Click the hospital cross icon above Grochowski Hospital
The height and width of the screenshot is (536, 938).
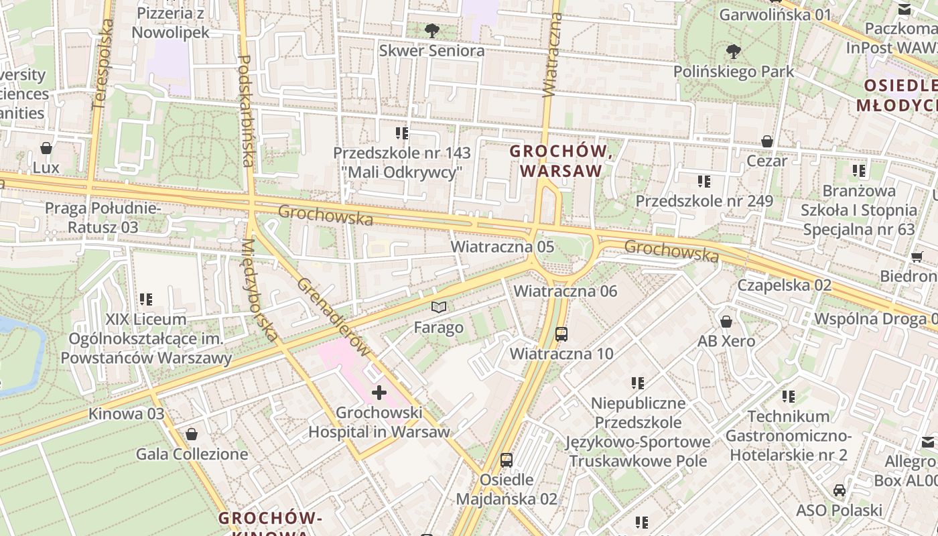pyautogui.click(x=379, y=393)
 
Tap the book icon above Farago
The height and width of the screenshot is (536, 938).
pyautogui.click(x=439, y=308)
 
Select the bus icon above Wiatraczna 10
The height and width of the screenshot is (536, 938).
pyautogui.click(x=561, y=334)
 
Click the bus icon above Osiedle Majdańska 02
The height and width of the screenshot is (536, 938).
pyautogui.click(x=507, y=460)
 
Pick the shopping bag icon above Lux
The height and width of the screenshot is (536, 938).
pyautogui.click(x=46, y=147)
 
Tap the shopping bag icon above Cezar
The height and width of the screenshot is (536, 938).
pyautogui.click(x=767, y=141)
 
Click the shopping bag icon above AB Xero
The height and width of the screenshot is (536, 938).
pyautogui.click(x=726, y=322)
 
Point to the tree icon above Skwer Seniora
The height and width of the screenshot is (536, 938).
pyautogui.click(x=432, y=30)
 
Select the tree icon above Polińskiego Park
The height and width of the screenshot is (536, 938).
pyautogui.click(x=734, y=51)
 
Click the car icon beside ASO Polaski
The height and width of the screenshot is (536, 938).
pyautogui.click(x=839, y=490)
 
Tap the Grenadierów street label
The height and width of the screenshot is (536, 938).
pyautogui.click(x=334, y=316)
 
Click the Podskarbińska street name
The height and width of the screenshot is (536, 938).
pyautogui.click(x=246, y=111)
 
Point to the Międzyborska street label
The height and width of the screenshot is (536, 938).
pyautogui.click(x=259, y=289)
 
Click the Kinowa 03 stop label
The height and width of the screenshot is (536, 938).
pyautogui.click(x=126, y=413)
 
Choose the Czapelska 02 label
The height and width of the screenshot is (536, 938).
pyautogui.click(x=784, y=285)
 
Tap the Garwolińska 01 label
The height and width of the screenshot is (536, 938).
pyautogui.click(x=775, y=14)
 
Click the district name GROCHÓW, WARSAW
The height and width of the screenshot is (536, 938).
pyautogui.click(x=561, y=161)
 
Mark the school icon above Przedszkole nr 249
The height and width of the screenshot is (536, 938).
pyautogui.click(x=703, y=181)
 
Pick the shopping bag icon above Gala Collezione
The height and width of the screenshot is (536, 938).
pyautogui.click(x=192, y=434)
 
